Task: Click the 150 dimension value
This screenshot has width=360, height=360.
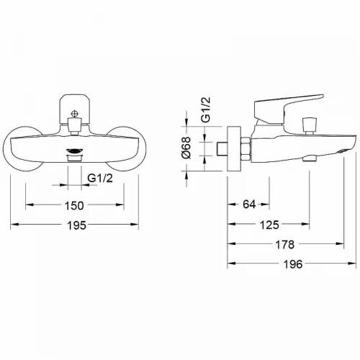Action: point(74,205)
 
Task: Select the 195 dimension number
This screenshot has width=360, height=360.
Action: point(76,225)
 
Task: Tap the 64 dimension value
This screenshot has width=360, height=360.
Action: point(249,204)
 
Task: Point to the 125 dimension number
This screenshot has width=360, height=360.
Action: point(269,225)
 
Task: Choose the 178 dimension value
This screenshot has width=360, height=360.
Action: point(284,245)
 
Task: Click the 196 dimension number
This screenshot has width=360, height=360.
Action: point(293,264)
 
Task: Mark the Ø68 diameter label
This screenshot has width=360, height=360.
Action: point(186,148)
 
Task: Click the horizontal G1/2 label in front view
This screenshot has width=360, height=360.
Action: point(100,178)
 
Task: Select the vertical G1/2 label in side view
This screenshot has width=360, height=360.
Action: point(206,109)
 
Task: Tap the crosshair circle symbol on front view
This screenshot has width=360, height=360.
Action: point(75,114)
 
